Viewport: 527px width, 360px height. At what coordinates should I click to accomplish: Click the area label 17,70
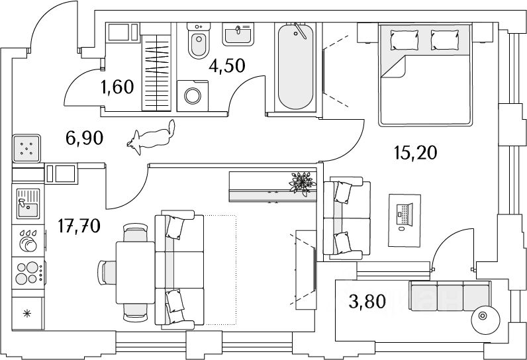click(78, 228)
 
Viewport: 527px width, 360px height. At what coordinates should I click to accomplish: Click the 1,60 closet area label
click(118, 87)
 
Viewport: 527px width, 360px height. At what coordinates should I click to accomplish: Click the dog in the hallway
click(152, 137)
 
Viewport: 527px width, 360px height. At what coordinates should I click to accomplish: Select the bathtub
click(295, 66)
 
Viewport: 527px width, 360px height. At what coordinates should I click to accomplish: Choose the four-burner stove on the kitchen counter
click(28, 273)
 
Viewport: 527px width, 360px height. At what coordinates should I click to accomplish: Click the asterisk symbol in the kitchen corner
click(26, 312)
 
